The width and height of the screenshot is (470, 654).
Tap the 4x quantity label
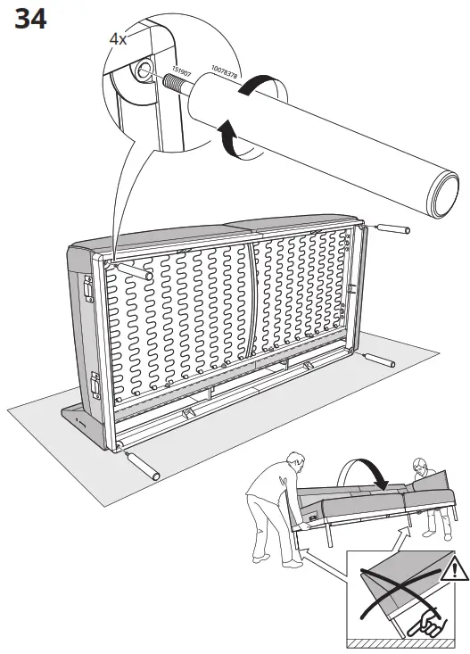(x=118, y=39)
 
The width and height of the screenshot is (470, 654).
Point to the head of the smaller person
(x=418, y=468)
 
